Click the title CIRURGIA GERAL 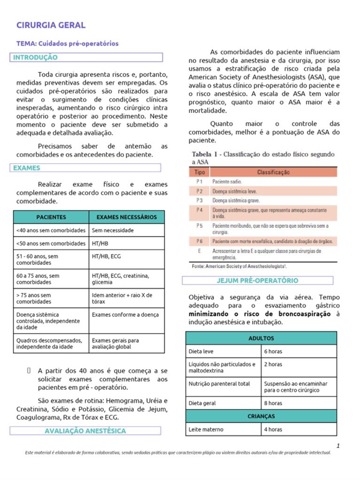pyautogui.click(x=51, y=25)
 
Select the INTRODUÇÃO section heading pyautogui.click(x=36, y=58)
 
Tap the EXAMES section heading pyautogui.click(x=27, y=168)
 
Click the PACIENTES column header pyautogui.click(x=51, y=217)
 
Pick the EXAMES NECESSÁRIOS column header pyautogui.click(x=127, y=217)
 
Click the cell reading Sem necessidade pyautogui.click(x=113, y=230)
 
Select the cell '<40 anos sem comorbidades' pyautogui.click(x=51, y=230)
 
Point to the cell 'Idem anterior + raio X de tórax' pyautogui.click(x=122, y=299)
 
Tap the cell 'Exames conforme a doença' pyautogui.click(x=125, y=315)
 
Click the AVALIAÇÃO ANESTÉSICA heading pyautogui.click(x=85, y=430)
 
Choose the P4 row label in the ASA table pyautogui.click(x=199, y=210)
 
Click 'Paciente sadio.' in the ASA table pyautogui.click(x=227, y=181)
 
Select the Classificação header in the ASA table pyautogui.click(x=273, y=172)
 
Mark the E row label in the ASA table pyautogui.click(x=199, y=251)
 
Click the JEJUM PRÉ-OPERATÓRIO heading pyautogui.click(x=257, y=280)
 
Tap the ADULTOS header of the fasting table pyautogui.click(x=261, y=338)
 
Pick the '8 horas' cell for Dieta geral pyautogui.click(x=273, y=403)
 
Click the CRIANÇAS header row pyautogui.click(x=261, y=416)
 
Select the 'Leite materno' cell pyautogui.click(x=206, y=429)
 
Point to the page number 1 pyautogui.click(x=337, y=445)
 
